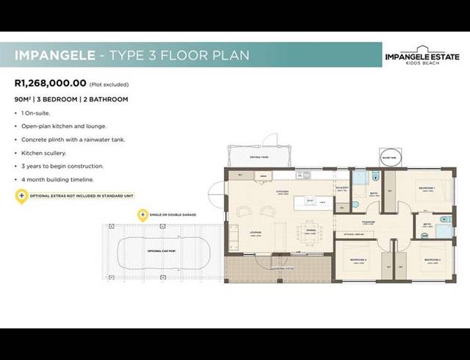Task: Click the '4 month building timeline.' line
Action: coord(57,179)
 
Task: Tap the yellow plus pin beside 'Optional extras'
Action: coord(21,195)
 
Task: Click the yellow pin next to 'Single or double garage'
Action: coord(143,215)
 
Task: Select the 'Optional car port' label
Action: coord(162,251)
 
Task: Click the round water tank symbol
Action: coord(388,156)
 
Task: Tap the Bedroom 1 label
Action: coord(427,189)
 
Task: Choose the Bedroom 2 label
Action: coord(432,259)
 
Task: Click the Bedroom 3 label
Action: coord(358,259)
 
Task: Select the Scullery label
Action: coord(341,188)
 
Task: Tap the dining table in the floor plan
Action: coord(309,230)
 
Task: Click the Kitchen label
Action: coord(281,191)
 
